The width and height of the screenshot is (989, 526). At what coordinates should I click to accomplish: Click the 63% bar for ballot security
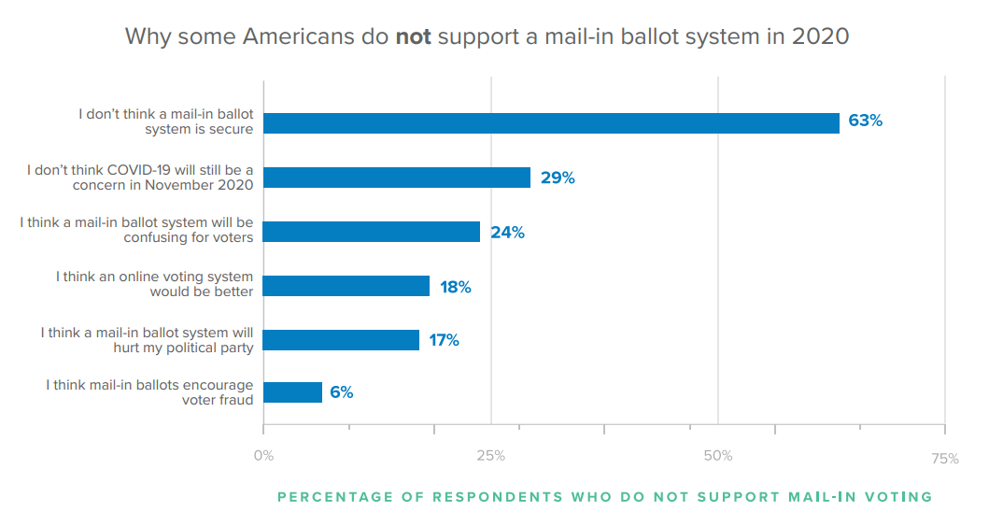pyautogui.click(x=551, y=123)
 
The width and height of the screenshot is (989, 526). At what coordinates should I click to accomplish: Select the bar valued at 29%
pyautogui.click(x=397, y=178)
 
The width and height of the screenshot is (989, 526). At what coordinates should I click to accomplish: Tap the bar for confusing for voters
pyautogui.click(x=372, y=232)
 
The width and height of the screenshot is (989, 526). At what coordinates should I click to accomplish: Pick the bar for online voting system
pyautogui.click(x=346, y=286)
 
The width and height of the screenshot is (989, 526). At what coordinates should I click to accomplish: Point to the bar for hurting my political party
pyautogui.click(x=341, y=340)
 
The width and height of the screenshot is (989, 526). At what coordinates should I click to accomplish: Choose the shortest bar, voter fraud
pyautogui.click(x=292, y=392)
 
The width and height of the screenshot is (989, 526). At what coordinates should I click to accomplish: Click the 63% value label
pyautogui.click(x=865, y=121)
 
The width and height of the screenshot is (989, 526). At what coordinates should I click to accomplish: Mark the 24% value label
pyautogui.click(x=507, y=233)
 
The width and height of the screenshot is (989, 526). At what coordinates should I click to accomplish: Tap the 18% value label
pyautogui.click(x=456, y=287)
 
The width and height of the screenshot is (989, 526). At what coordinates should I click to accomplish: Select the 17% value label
pyautogui.click(x=444, y=340)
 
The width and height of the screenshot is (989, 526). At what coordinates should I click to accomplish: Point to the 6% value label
pyautogui.click(x=341, y=393)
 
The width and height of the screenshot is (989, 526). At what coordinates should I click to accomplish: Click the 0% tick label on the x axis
pyautogui.click(x=263, y=456)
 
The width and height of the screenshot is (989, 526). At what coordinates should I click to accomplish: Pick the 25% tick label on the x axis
pyautogui.click(x=490, y=456)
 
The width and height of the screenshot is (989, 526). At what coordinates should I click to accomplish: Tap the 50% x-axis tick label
pyautogui.click(x=717, y=456)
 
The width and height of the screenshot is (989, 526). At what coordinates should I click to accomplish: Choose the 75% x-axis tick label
pyautogui.click(x=944, y=458)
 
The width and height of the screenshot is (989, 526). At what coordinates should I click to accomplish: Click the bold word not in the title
pyautogui.click(x=413, y=37)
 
